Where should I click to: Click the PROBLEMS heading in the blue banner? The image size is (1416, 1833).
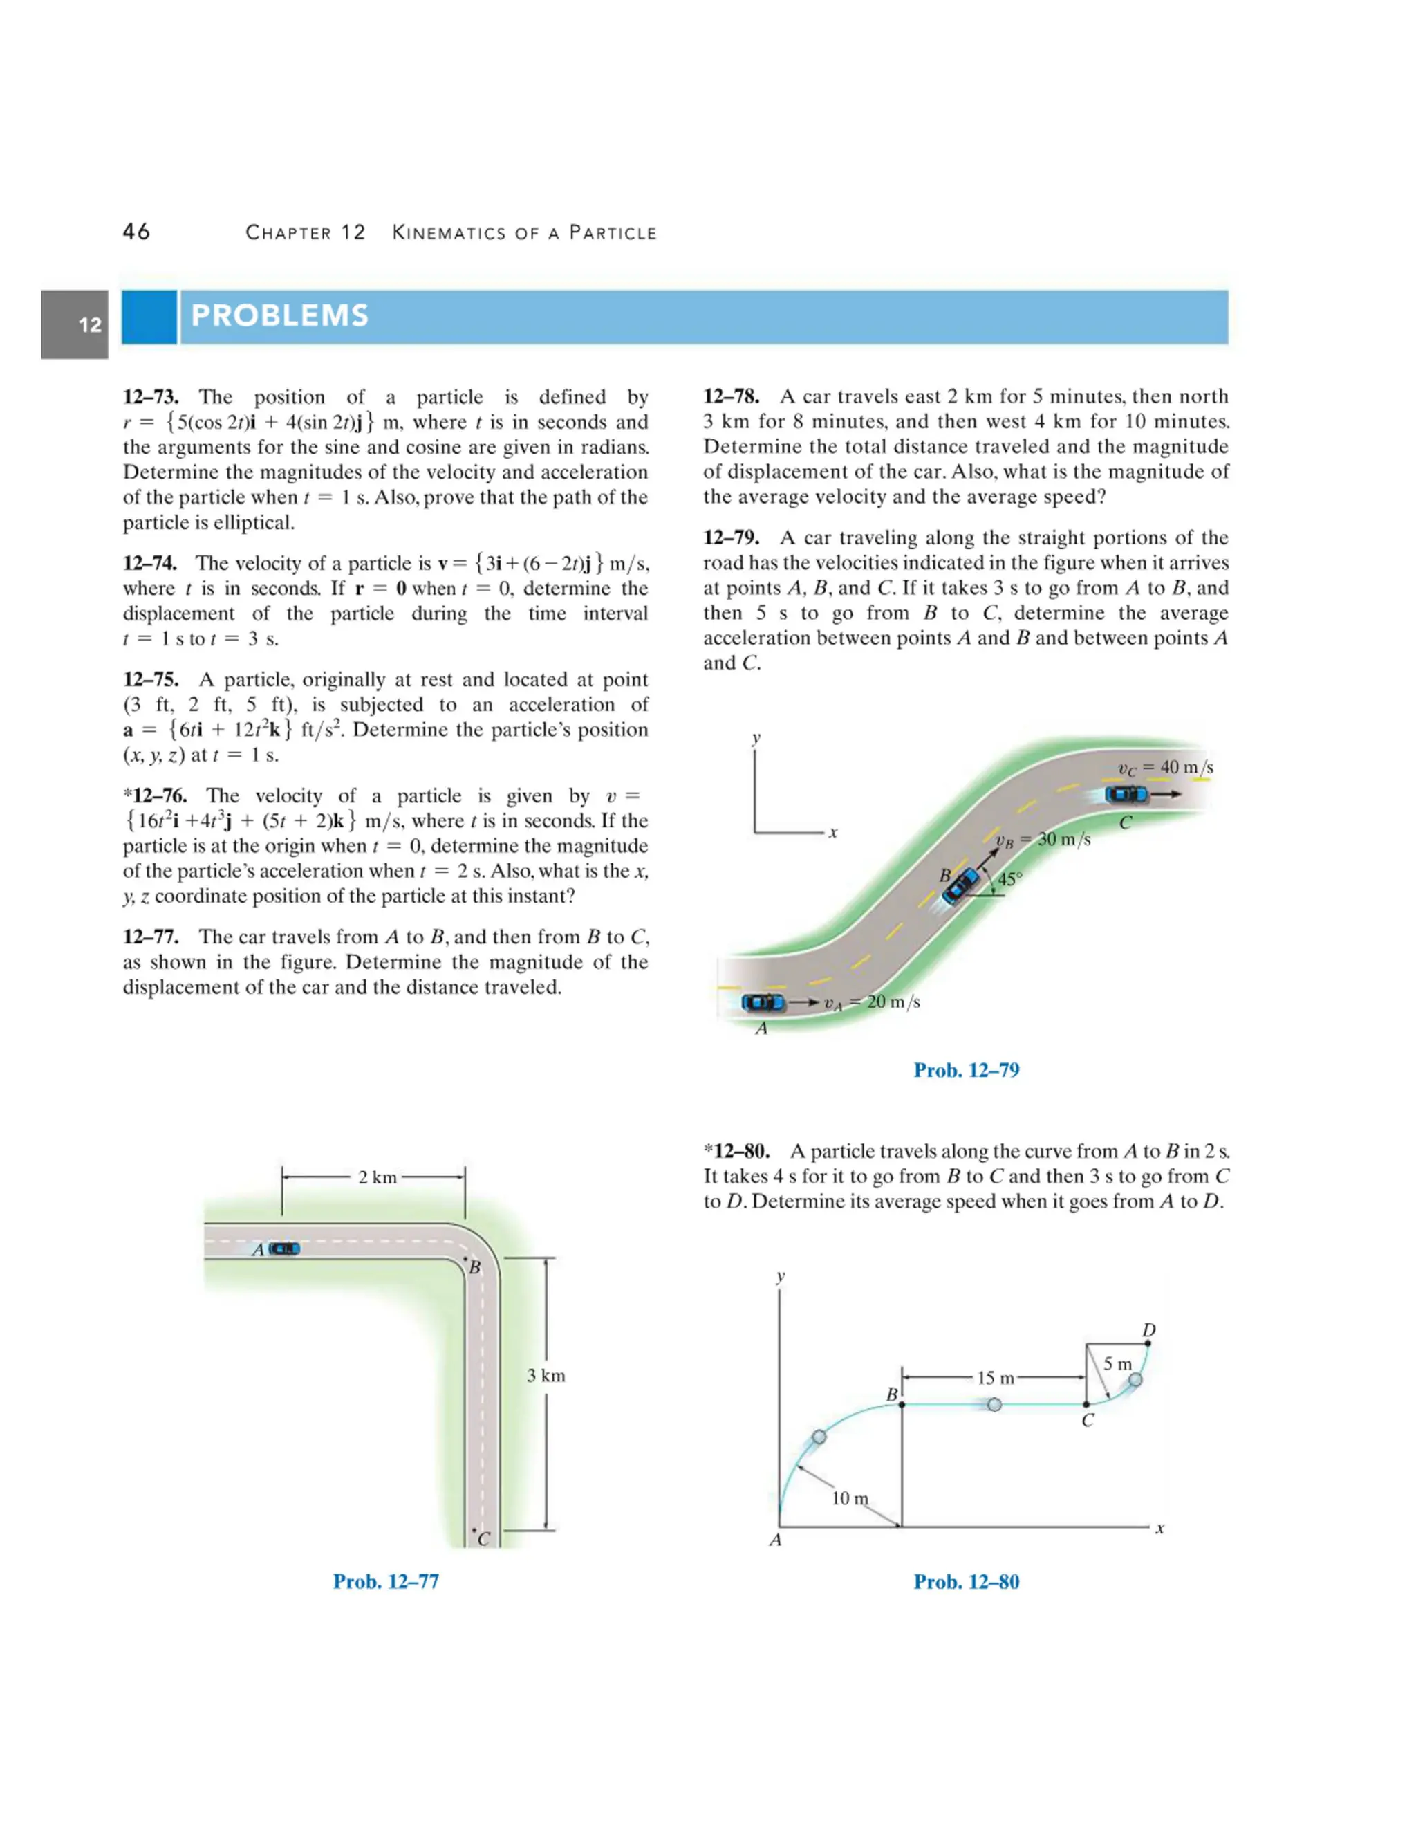[x=279, y=315]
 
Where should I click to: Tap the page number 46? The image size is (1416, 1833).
[x=137, y=232]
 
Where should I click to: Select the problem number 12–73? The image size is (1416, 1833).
[x=156, y=397]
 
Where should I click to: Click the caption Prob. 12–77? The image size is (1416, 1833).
[x=386, y=1581]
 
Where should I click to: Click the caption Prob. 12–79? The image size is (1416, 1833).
[x=967, y=1070]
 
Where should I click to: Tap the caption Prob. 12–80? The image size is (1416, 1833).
[x=967, y=1581]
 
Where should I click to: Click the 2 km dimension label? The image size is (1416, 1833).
[x=377, y=1177]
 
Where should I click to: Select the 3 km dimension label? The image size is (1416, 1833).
[x=546, y=1376]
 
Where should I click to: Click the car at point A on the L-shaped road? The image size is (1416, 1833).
[x=284, y=1249]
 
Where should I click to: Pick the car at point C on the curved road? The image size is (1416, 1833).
[x=1126, y=794]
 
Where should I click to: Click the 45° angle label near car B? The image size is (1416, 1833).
[x=1010, y=880]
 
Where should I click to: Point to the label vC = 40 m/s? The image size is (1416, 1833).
[x=1166, y=767]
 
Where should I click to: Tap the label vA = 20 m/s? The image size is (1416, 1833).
[x=873, y=1002]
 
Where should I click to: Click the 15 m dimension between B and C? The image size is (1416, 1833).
[x=996, y=1378]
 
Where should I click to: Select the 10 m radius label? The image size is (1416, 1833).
[x=850, y=1498]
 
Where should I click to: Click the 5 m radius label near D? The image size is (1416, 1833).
[x=1117, y=1364]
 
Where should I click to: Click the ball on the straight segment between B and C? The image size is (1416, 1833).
[x=994, y=1405]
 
